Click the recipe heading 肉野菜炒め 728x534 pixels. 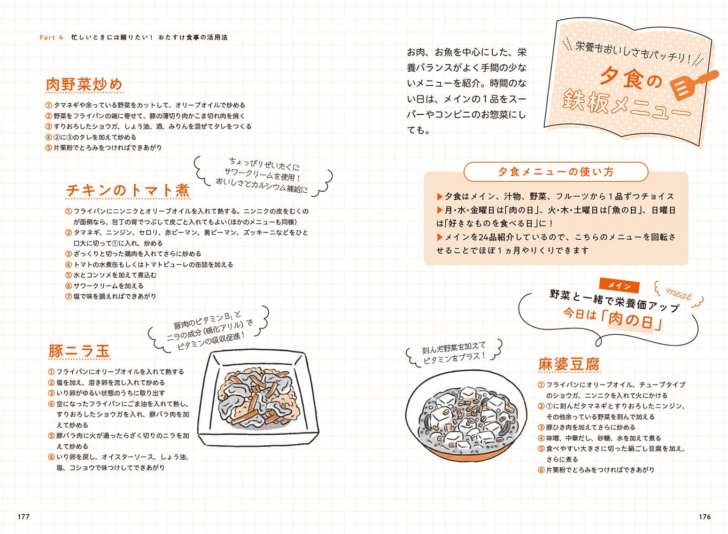84,84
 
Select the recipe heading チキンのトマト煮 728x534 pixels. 128,190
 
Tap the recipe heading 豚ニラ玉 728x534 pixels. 79,351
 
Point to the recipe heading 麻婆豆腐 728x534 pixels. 569,364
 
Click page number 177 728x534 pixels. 24,516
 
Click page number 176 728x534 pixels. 704,516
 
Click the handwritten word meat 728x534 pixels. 679,294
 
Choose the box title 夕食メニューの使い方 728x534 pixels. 556,172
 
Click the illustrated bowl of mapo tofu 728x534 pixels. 466,420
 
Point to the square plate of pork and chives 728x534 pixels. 258,399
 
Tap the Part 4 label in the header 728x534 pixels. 51,37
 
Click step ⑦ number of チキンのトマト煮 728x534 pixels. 68,296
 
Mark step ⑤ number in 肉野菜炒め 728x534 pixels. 49,148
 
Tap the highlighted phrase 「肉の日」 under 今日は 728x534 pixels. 631,320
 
